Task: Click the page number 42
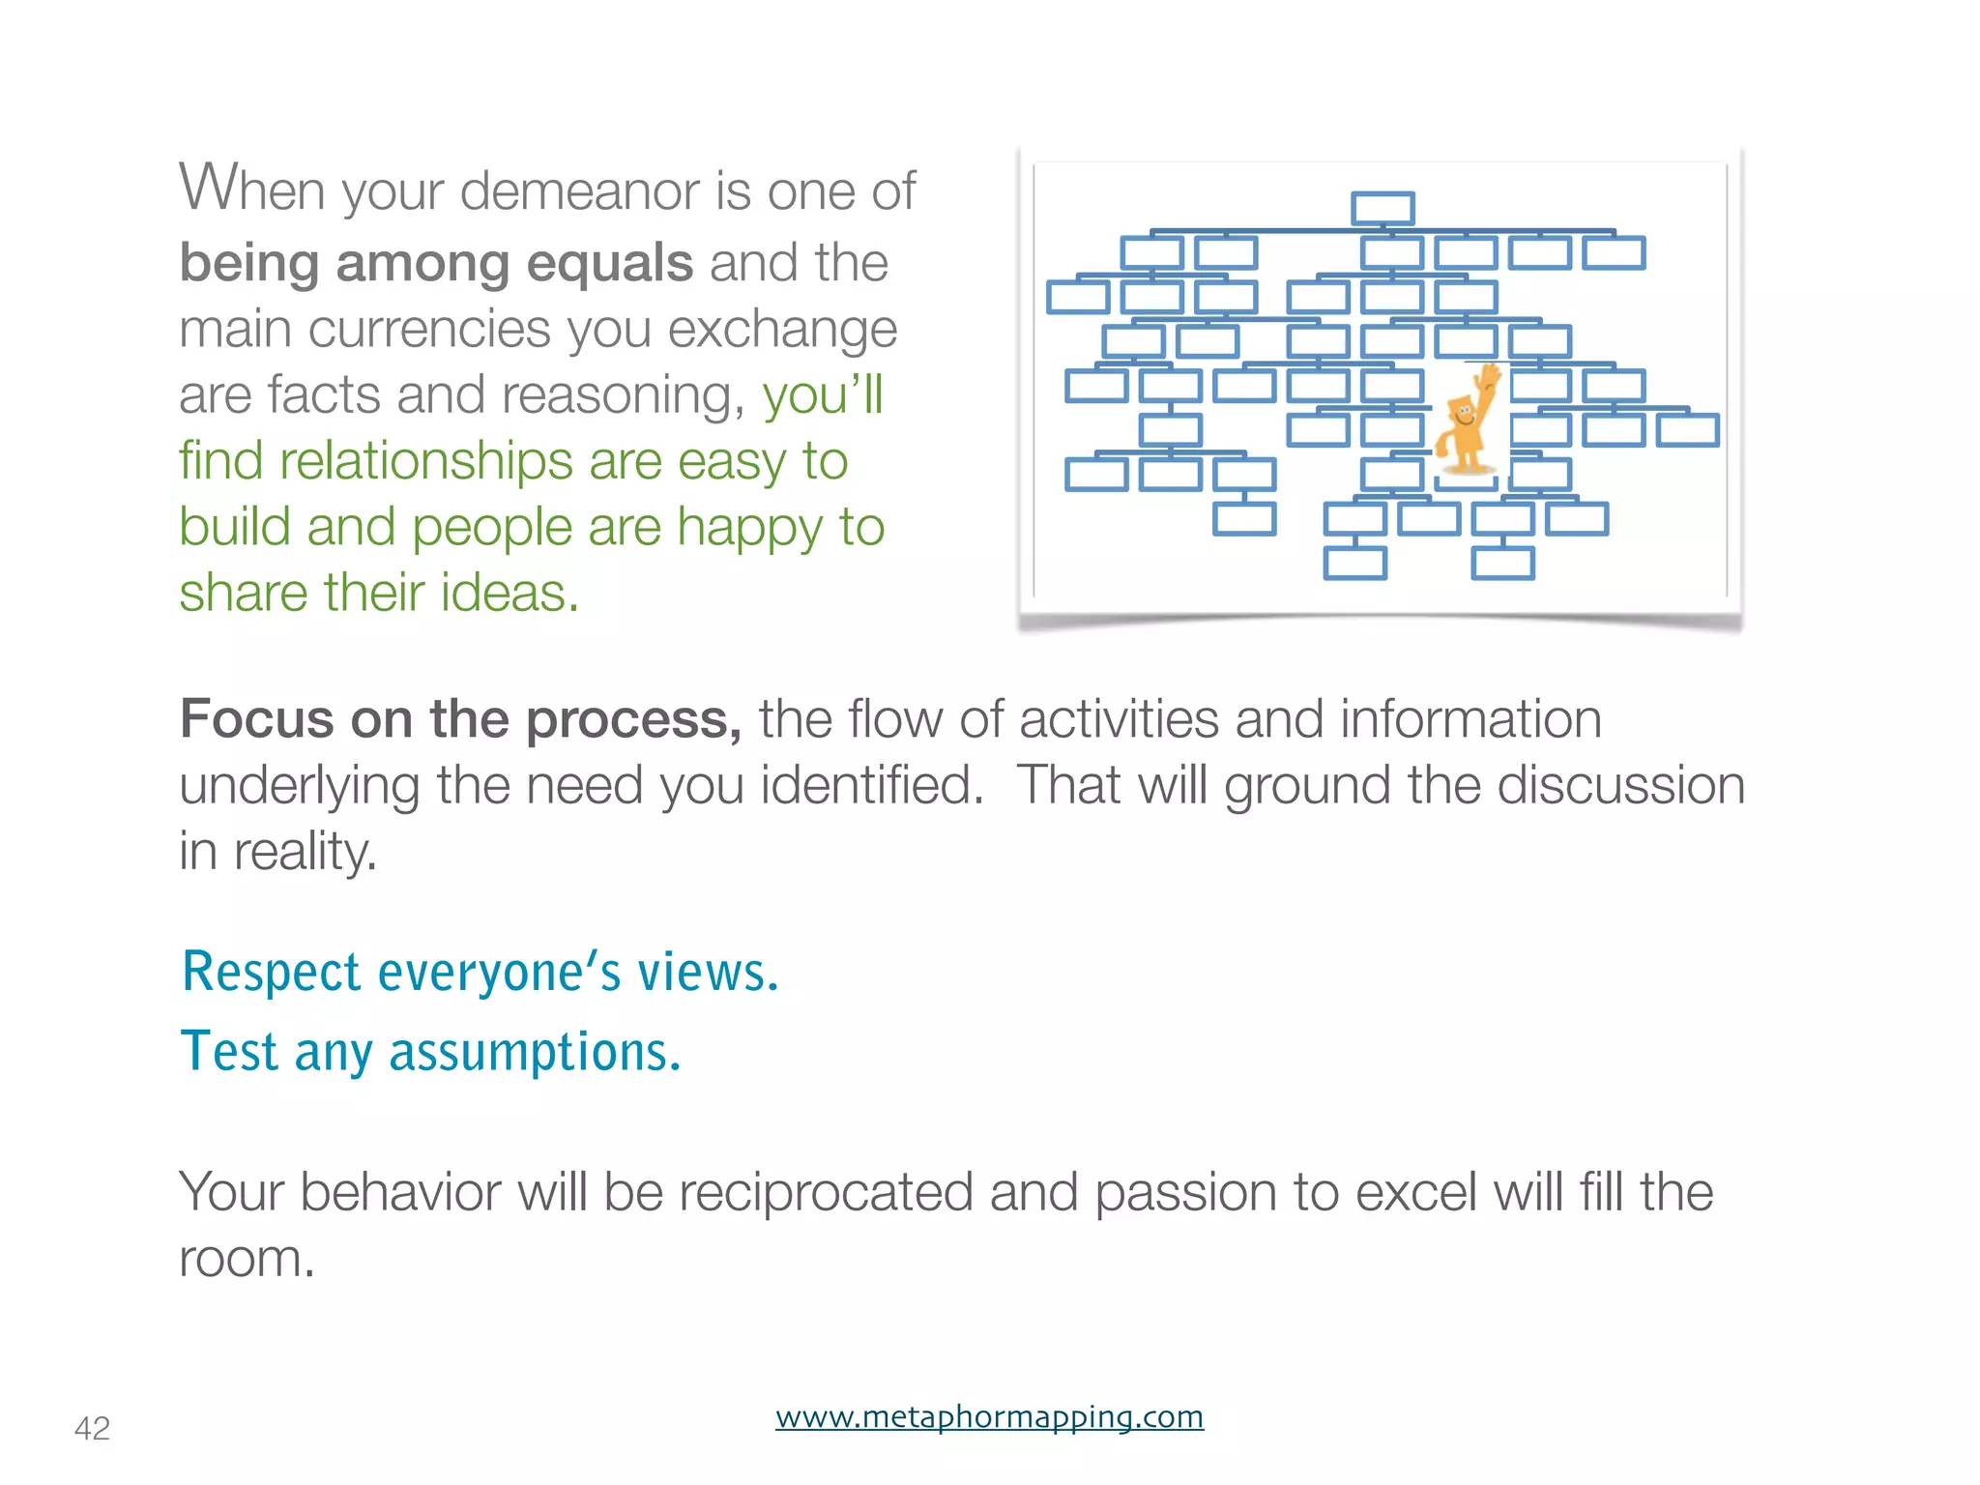point(92,1428)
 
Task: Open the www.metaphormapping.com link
point(989,1416)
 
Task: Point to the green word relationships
point(425,460)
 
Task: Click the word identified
point(870,785)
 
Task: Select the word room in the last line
point(246,1259)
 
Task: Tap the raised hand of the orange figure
point(1491,377)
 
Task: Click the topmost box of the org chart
point(1383,208)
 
